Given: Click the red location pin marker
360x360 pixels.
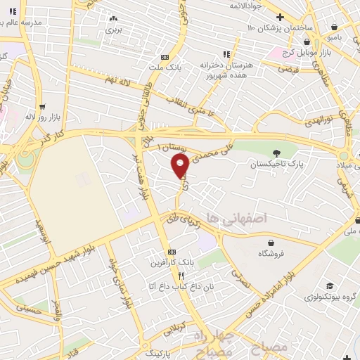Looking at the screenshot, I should [x=180, y=166].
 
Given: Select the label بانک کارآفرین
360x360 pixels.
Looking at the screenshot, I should [x=171, y=263].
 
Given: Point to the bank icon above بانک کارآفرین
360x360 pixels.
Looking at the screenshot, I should [x=171, y=252].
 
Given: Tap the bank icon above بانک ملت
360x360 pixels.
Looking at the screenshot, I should [x=165, y=57].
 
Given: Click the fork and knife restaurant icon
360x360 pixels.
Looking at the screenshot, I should [x=181, y=276].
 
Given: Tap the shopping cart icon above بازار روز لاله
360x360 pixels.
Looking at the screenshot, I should [x=43, y=107].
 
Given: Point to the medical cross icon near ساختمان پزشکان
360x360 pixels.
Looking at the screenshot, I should [x=280, y=17].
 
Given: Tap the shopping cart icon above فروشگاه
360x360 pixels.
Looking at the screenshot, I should [x=271, y=243].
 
